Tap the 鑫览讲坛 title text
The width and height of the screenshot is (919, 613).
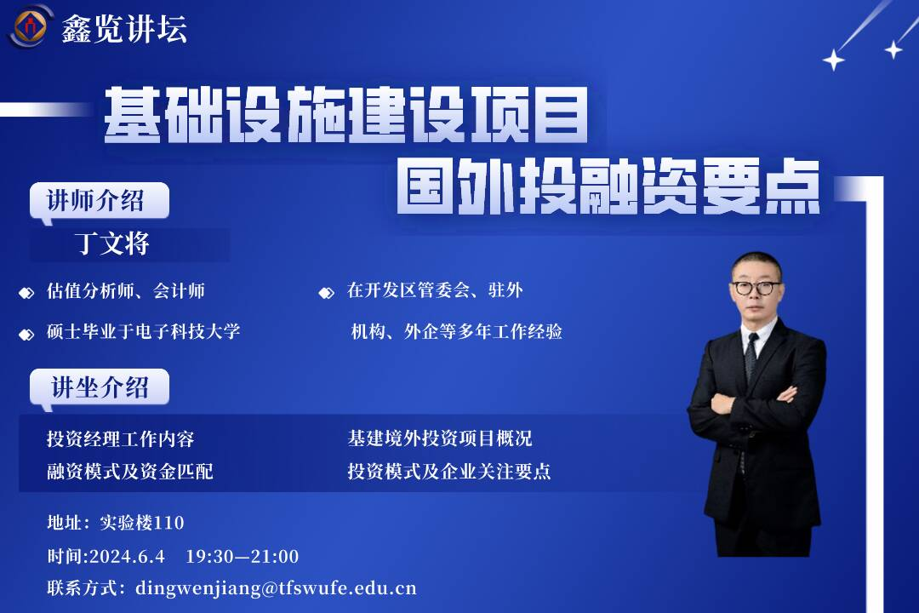(x=124, y=28)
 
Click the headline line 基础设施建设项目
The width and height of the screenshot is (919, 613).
(x=345, y=114)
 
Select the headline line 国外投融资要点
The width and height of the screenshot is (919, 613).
(x=608, y=186)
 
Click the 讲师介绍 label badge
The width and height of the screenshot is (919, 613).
(x=99, y=201)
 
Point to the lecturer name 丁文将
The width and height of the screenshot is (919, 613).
(x=112, y=243)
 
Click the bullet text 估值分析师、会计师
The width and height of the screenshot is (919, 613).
(x=126, y=290)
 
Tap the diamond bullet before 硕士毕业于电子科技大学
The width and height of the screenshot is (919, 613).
(x=26, y=335)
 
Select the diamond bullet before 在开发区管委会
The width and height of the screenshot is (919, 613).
(x=327, y=292)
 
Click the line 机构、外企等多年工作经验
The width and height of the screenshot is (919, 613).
(x=457, y=331)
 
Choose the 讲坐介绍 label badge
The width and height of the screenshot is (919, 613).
(x=99, y=387)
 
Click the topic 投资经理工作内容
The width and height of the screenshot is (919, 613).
(x=121, y=438)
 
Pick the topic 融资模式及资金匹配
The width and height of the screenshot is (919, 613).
(x=130, y=471)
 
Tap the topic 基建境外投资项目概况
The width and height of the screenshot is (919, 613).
(x=440, y=438)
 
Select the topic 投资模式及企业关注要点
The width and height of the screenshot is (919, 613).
(x=449, y=471)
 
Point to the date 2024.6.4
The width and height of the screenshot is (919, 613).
(x=127, y=556)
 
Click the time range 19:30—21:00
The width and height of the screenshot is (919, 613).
(x=242, y=556)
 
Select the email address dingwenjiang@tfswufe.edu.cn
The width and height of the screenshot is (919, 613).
(x=276, y=588)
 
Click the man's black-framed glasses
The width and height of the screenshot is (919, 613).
(x=756, y=288)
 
